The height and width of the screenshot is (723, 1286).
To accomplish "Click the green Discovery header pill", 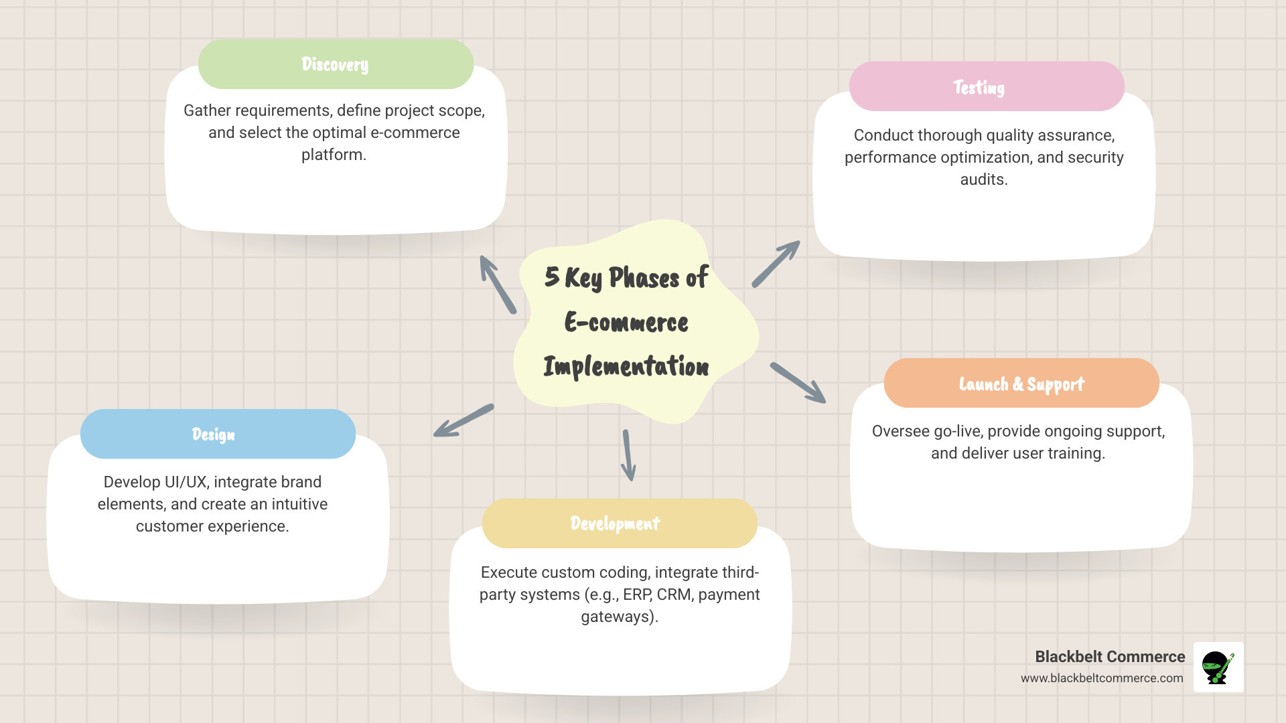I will pyautogui.click(x=336, y=64).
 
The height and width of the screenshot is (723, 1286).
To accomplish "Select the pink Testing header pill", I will pyautogui.click(x=986, y=87).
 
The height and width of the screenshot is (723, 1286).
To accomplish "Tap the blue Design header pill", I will pyautogui.click(x=218, y=434).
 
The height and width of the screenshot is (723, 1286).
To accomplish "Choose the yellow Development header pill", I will pyautogui.click(x=619, y=524).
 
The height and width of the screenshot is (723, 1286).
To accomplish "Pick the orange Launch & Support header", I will pyautogui.click(x=1021, y=384).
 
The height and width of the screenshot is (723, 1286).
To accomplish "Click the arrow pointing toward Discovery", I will pyautogui.click(x=497, y=284).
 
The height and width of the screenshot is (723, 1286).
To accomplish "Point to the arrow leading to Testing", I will pyautogui.click(x=776, y=264).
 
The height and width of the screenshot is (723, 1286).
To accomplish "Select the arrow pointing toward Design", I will pyautogui.click(x=463, y=420).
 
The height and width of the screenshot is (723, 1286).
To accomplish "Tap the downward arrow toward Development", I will pyautogui.click(x=628, y=455).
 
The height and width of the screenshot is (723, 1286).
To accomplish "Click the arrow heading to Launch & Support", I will pyautogui.click(x=798, y=383).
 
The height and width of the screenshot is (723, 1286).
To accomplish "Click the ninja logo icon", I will pyautogui.click(x=1218, y=667).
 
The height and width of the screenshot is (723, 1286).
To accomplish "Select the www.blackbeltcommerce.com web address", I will pyautogui.click(x=1101, y=678).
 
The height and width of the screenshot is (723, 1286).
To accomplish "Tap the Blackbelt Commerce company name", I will pyautogui.click(x=1109, y=657).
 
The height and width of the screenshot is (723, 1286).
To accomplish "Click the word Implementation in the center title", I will pyautogui.click(x=626, y=367).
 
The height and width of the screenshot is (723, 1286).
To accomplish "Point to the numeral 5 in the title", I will pyautogui.click(x=551, y=276).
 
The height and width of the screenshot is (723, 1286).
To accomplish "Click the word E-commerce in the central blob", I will pyautogui.click(x=626, y=323).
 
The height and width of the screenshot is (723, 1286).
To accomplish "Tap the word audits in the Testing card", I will pyautogui.click(x=983, y=179).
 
